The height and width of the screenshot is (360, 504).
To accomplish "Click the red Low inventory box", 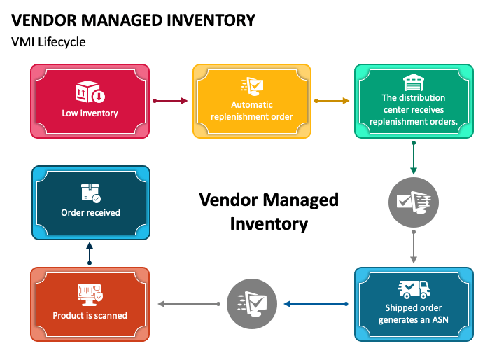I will coord(90,101).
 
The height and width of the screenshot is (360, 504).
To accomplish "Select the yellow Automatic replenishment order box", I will coord(252,101).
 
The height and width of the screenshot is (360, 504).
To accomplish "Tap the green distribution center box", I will coord(414,101).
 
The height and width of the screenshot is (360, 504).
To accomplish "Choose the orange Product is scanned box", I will coord(90,304).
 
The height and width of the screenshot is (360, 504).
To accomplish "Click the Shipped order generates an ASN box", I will coord(414,304).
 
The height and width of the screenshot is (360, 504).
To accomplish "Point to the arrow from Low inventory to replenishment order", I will coord(170,101).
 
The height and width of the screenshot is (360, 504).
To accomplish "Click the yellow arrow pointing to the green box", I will coord(332,101).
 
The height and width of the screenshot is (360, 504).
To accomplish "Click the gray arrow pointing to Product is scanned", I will coord(188,304).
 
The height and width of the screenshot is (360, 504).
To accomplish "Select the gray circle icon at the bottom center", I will coord(252,303).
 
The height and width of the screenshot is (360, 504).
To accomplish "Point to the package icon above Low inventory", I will coord(90,92).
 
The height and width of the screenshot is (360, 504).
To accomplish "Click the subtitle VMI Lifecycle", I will coord(48,41).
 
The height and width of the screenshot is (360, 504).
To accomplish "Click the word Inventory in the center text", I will coord(269,224).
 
